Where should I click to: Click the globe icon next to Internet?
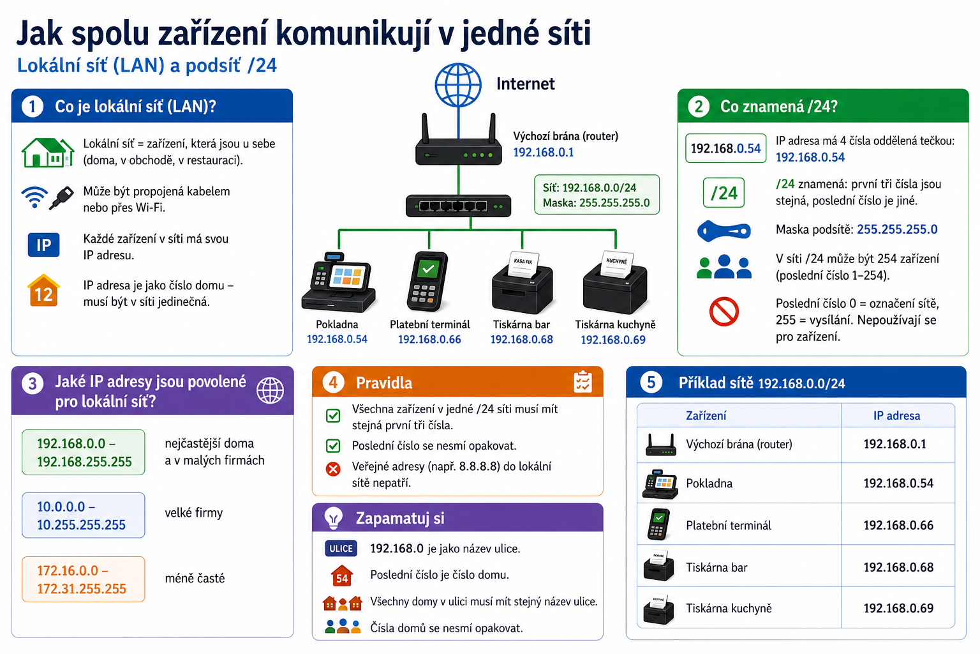coord(458,85)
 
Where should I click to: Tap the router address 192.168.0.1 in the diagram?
coord(543,153)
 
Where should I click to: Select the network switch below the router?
coord(458,206)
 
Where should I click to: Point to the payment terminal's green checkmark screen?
coord(428,268)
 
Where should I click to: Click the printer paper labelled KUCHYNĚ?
coord(617,264)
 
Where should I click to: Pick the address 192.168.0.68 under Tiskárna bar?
coord(521,340)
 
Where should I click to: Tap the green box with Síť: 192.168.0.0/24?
coord(597,195)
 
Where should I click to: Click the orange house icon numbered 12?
coord(43,291)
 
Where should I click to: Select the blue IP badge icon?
coord(43,245)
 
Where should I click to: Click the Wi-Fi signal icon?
coord(34,197)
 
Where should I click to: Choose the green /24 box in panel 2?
coord(724,193)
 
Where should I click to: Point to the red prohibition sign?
coord(724,312)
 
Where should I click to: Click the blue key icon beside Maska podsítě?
coord(724,231)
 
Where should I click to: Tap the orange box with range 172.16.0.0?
coord(83,579)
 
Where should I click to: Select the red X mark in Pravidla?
coord(333,469)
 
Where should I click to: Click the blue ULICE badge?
coord(341,549)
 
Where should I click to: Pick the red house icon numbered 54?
coord(342,575)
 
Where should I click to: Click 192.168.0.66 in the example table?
coord(898,525)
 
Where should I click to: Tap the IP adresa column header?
coord(896,415)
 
